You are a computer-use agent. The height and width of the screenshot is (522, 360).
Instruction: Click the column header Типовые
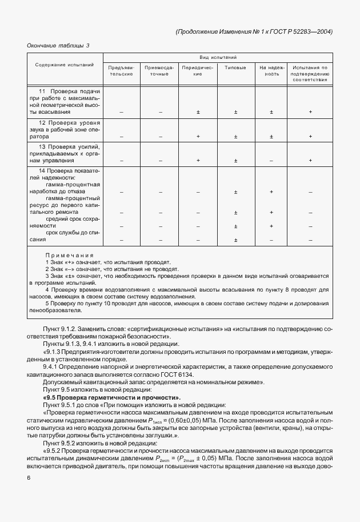pos(235,67)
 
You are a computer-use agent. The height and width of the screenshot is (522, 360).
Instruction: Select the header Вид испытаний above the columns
pos(218,57)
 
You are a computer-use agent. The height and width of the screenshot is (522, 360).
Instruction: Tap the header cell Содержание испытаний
pos(65,65)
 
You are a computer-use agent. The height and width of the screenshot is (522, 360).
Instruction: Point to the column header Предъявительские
pos(121,70)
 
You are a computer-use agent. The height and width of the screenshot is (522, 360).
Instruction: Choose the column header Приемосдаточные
pos(160,70)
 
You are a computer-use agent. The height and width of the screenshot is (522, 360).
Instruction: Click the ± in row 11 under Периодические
pos(198,112)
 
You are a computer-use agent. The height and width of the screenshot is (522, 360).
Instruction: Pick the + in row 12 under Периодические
pos(198,136)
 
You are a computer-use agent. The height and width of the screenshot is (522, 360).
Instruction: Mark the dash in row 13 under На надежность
pos(271,161)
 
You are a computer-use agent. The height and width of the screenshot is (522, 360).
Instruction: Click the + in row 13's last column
pos(310,161)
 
